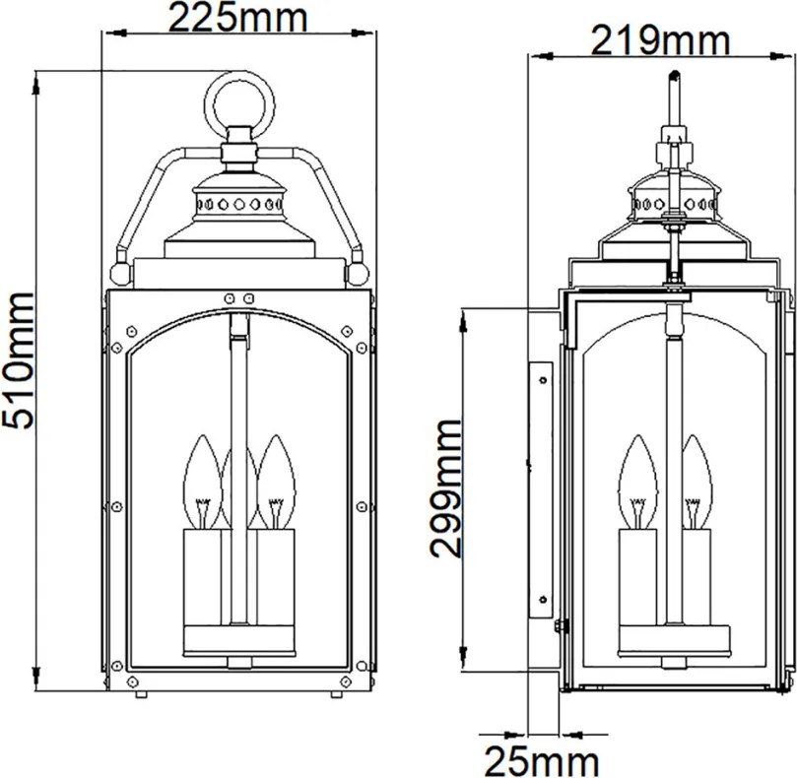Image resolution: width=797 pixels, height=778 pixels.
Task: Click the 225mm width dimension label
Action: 237,19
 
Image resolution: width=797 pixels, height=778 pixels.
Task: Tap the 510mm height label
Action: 19,360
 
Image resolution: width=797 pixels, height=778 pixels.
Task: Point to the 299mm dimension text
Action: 445,488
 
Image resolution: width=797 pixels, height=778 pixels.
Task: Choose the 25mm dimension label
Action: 542,761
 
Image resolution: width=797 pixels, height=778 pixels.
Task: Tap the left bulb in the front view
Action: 202,482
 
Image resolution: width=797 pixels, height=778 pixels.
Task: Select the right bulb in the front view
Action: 276,482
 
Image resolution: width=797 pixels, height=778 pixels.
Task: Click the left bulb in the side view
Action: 638,482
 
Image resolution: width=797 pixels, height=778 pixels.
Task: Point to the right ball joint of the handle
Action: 357,275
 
